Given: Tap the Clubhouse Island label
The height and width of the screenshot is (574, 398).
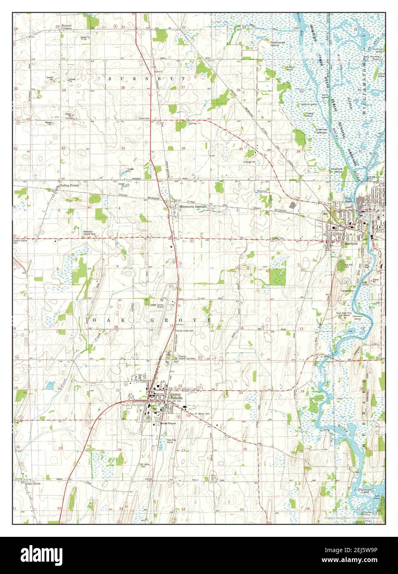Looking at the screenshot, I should click(x=278, y=43).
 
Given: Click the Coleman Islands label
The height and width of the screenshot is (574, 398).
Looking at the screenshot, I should click(x=322, y=130).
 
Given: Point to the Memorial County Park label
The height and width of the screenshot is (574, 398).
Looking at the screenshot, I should click(x=91, y=232).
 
